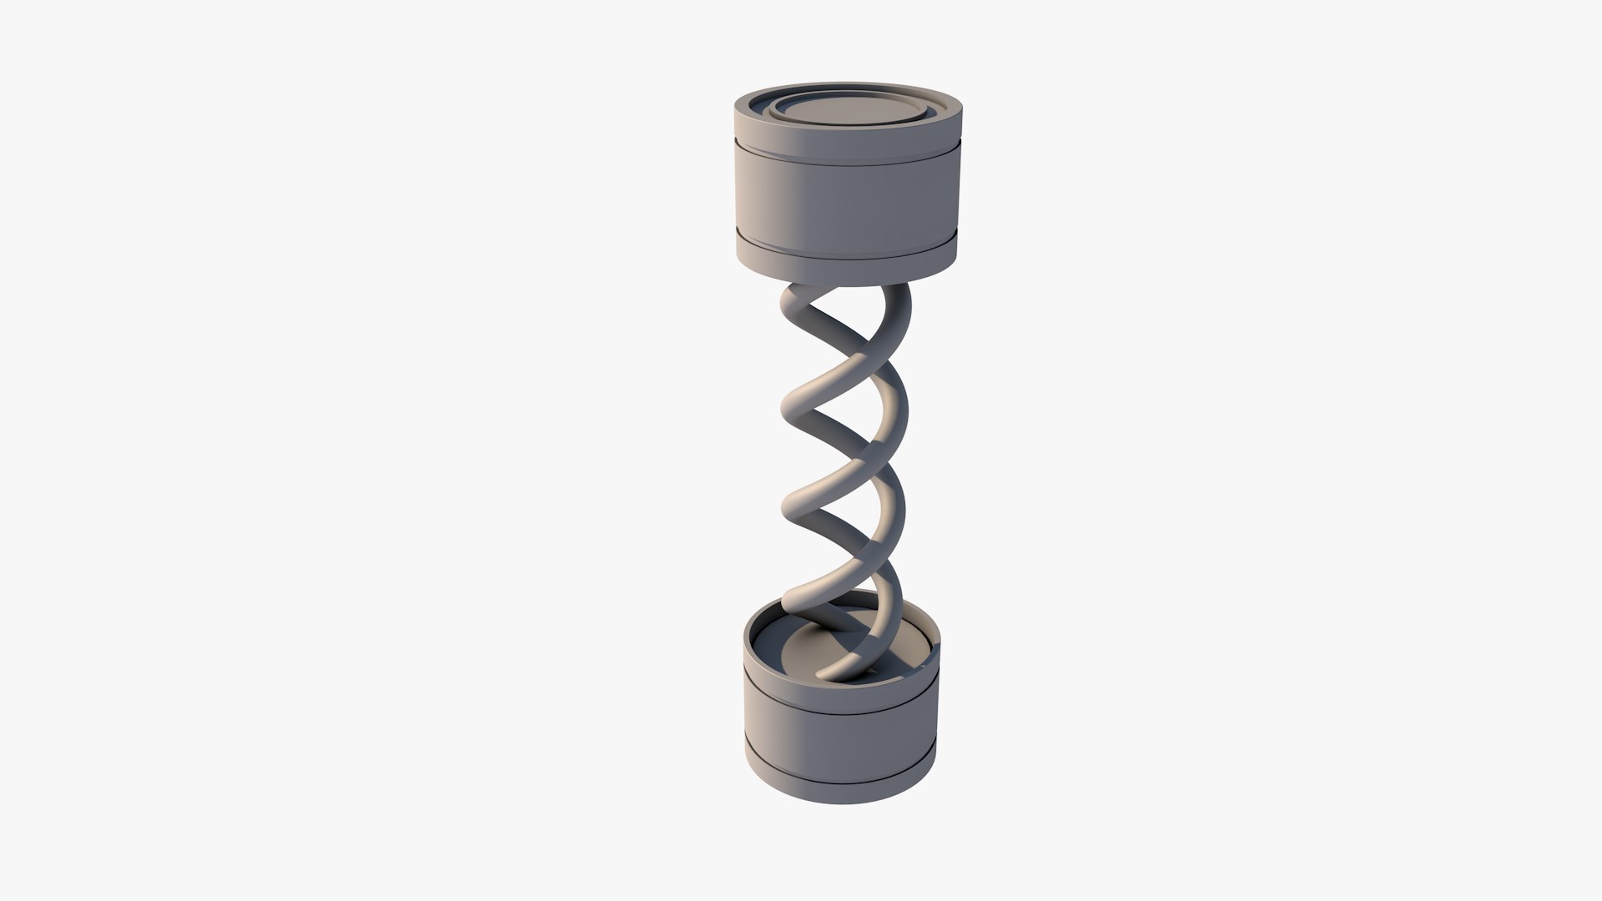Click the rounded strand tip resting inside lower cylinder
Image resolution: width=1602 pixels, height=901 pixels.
(825, 672)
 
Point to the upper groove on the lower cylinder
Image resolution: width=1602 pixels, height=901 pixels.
(841, 698)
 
